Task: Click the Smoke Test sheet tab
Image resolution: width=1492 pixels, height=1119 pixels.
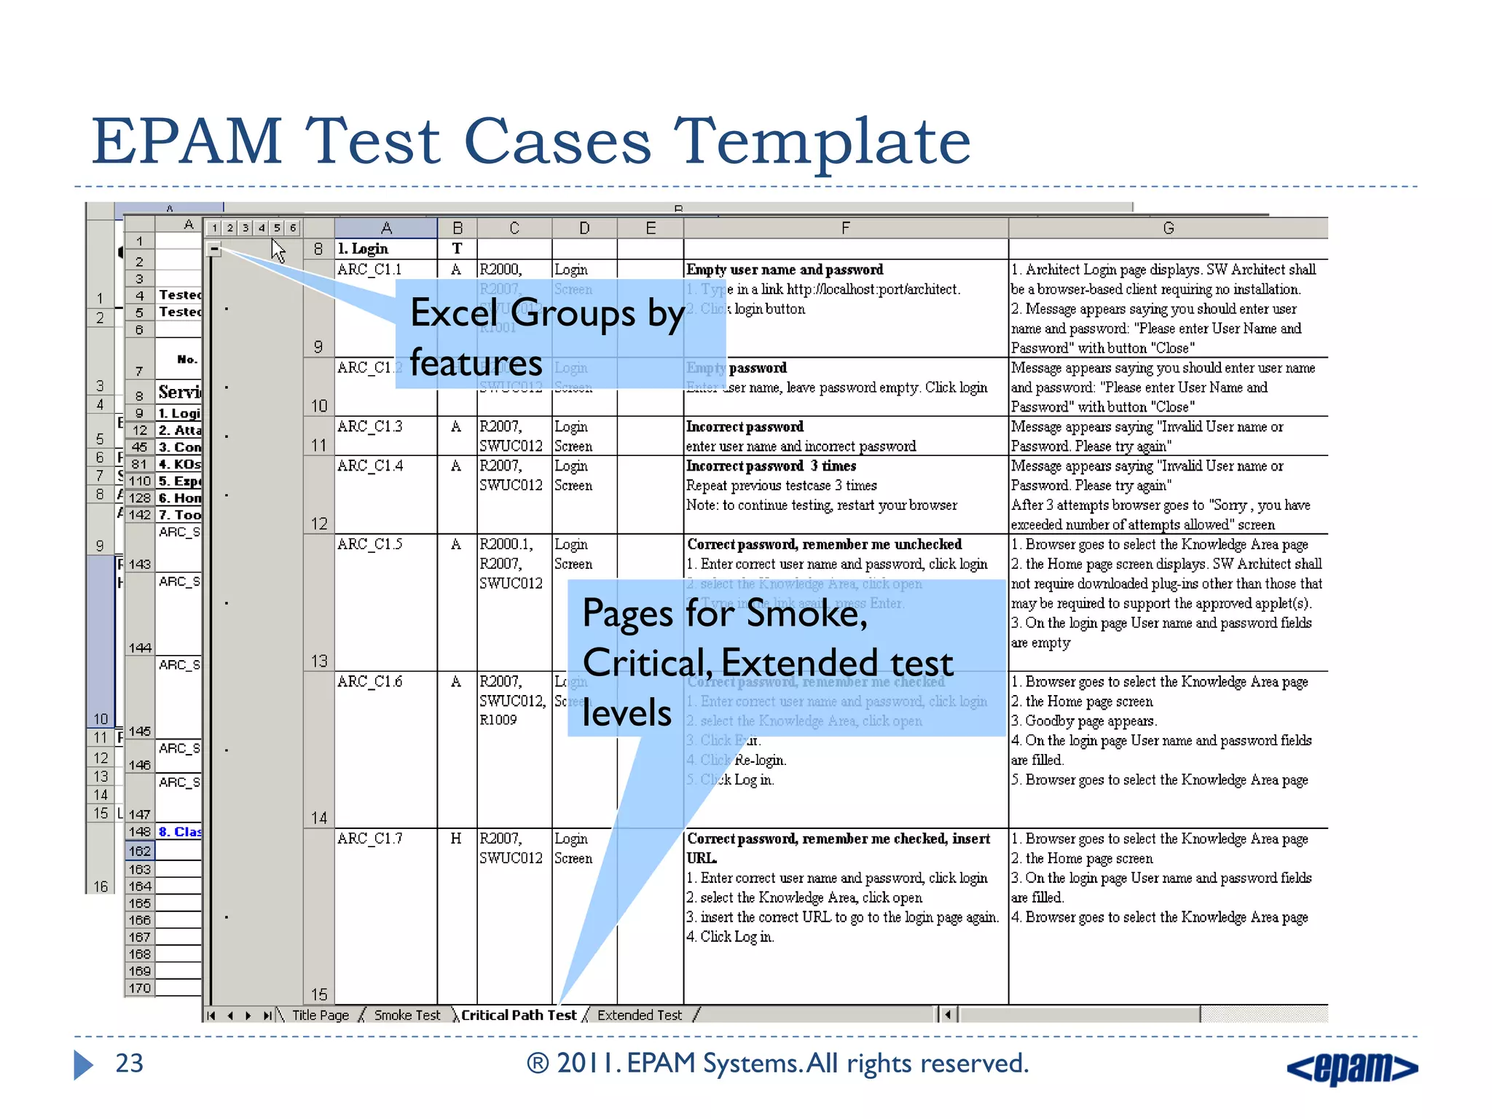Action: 407,1015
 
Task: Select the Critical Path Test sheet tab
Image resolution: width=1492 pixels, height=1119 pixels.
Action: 518,1015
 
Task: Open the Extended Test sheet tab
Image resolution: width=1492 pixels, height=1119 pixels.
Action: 639,1015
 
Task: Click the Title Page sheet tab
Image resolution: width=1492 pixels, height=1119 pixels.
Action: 320,1015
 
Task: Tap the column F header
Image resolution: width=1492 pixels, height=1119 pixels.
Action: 845,228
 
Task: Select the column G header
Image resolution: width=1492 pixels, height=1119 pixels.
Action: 1168,228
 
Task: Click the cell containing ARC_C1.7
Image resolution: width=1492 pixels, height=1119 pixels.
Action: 370,839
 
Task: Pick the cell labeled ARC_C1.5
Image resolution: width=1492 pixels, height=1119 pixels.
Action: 370,544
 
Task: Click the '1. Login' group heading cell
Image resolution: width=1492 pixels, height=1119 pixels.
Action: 363,248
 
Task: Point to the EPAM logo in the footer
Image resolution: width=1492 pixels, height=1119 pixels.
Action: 1351,1068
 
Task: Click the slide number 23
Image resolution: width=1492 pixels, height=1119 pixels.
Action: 130,1064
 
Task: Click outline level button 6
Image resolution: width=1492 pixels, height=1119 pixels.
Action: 293,228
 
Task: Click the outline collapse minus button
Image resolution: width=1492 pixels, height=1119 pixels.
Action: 214,249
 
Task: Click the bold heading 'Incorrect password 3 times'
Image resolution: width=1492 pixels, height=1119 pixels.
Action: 771,466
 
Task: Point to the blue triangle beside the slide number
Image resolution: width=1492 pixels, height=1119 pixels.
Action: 83,1064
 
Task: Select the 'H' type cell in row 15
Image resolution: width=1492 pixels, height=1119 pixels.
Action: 456,839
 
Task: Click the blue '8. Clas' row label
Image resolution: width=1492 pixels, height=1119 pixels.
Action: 179,832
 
